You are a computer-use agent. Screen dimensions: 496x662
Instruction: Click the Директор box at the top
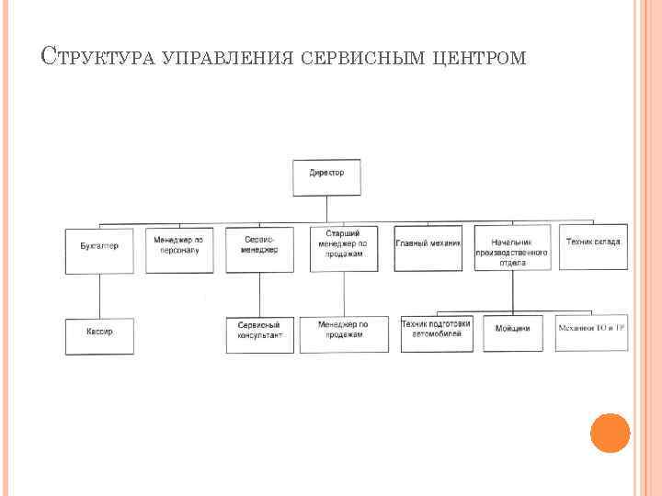326,177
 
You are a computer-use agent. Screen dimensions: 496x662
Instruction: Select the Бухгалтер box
99,250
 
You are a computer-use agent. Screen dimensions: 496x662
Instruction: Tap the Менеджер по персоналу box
179,250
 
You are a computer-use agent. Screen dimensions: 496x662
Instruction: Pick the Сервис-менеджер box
260,249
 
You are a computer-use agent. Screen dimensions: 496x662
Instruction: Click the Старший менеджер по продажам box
343,248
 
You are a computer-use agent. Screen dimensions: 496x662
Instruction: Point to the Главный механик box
428,248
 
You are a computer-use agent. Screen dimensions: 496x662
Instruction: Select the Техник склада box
593,246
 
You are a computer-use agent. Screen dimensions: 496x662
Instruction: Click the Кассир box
99,336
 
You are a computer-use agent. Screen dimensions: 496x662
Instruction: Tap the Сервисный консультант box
260,334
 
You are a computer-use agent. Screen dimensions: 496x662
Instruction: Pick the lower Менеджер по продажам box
343,334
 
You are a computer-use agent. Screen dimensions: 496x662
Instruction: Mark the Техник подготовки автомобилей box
437,334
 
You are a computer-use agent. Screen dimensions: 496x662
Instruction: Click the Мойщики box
512,334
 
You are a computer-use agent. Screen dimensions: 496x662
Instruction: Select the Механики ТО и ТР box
592,333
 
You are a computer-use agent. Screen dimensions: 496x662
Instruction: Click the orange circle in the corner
610,433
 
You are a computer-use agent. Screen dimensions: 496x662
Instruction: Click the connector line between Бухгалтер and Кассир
99,296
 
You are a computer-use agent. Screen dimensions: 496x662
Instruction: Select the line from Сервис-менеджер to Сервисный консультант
260,295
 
